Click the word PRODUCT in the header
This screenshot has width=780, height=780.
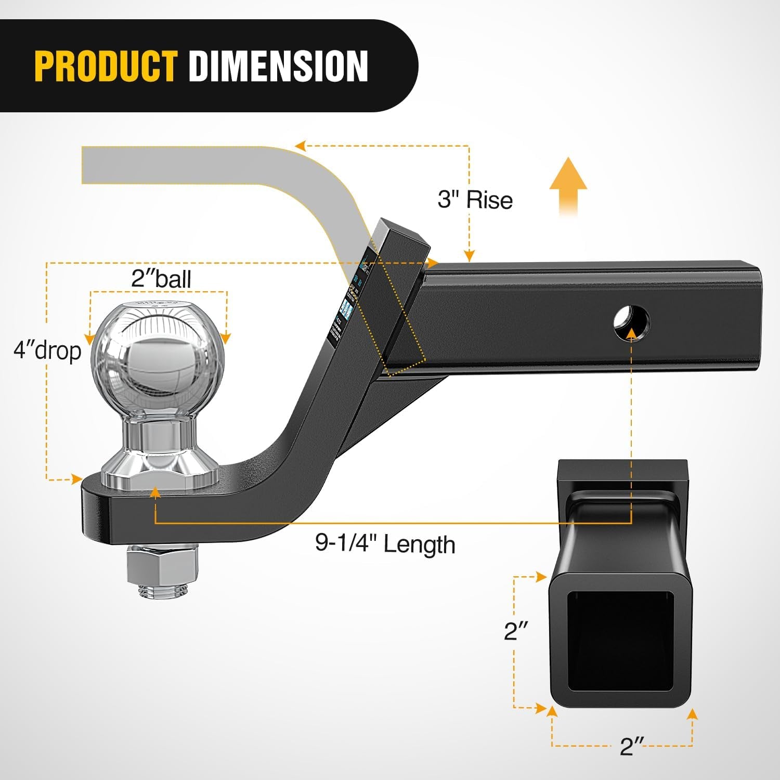pyautogui.click(x=106, y=66)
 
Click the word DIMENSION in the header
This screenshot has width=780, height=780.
pyautogui.click(x=278, y=66)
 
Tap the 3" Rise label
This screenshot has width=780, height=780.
pyautogui.click(x=475, y=200)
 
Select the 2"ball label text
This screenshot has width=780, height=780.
pyautogui.click(x=161, y=279)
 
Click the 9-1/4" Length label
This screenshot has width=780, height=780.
pyautogui.click(x=385, y=544)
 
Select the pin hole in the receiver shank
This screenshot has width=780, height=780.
pyautogui.click(x=632, y=323)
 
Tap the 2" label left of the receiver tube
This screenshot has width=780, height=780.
pyautogui.click(x=516, y=631)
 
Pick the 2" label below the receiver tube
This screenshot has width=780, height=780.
pyautogui.click(x=632, y=746)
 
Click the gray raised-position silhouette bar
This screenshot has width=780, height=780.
pyautogui.click(x=208, y=165)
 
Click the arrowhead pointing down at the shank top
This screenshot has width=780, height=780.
pyautogui.click(x=469, y=256)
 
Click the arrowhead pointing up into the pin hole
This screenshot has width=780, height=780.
pyautogui.click(x=631, y=333)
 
